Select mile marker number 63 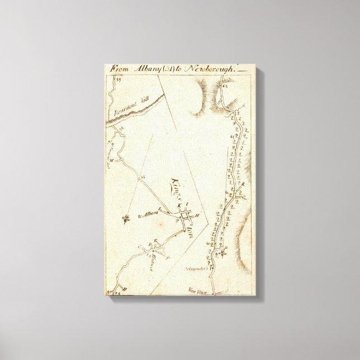225,86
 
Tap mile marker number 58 120,129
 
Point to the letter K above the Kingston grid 178,206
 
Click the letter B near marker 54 124,287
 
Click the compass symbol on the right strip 223,255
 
